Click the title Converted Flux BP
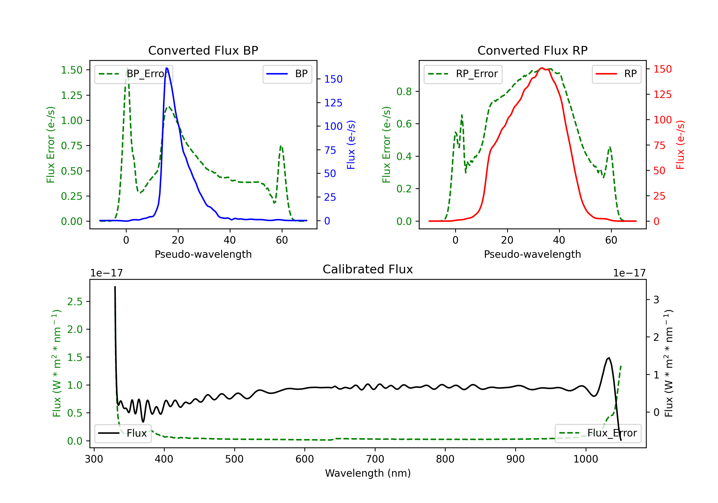point(203,50)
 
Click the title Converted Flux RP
point(532,50)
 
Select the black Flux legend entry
point(123,433)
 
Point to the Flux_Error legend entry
point(598,433)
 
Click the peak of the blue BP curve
point(166,68)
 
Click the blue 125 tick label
point(333,103)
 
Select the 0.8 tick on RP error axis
point(404,91)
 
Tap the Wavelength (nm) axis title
point(368,473)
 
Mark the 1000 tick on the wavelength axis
point(585,459)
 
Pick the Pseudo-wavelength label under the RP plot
point(532,254)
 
